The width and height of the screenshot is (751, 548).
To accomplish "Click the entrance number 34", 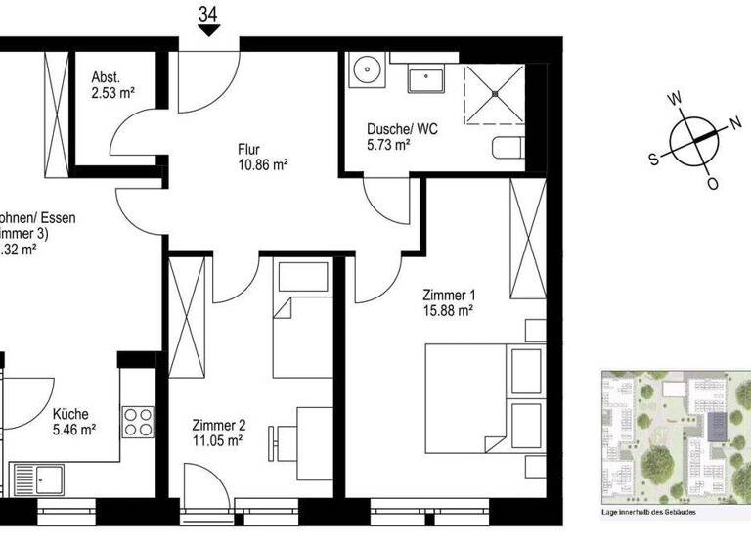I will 207,13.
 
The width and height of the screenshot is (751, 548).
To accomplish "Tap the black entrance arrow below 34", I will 207,31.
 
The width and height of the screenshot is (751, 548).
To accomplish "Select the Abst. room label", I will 106,78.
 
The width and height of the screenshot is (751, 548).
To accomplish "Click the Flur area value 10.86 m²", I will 261,166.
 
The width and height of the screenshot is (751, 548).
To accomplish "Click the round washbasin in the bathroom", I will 369,69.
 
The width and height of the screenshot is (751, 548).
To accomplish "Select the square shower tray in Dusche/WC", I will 495,95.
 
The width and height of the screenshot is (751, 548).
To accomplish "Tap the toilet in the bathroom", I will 509,150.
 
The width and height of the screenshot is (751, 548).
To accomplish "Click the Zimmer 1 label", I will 448,295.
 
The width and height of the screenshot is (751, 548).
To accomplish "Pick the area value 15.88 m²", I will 448,311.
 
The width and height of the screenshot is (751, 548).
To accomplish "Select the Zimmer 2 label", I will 219,426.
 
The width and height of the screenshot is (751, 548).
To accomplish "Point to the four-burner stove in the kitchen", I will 138,421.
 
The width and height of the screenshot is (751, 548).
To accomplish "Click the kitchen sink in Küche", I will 37,480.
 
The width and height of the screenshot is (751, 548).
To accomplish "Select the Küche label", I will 70,413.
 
